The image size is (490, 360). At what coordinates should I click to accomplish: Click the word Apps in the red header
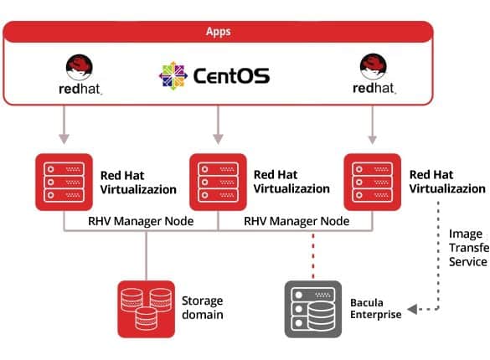pos(218,32)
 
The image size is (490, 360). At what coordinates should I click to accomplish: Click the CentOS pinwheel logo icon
pos(173,76)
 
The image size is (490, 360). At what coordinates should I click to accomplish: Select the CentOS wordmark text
pos(231,76)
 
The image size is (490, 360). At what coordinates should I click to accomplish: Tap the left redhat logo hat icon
pos(79,68)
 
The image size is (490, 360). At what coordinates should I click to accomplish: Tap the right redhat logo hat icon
pos(373,66)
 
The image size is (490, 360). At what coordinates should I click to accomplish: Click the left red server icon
pos(64,182)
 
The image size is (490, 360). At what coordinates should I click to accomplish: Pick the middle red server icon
pos(218,182)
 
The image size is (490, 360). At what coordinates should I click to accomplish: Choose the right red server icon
pos(372,182)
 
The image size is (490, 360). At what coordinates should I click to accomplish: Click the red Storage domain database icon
pos(147,309)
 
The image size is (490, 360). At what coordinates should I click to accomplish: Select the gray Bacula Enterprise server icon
pos(313,309)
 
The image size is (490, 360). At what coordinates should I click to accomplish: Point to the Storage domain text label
pos(203,307)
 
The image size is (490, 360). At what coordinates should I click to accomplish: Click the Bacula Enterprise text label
pos(375,308)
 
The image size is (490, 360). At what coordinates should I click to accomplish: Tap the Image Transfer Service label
pos(469,248)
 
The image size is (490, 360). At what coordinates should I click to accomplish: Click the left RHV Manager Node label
pos(141,221)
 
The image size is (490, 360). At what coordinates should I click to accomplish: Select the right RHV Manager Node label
pos(297,221)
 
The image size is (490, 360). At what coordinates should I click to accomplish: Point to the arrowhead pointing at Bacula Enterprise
pos(412,309)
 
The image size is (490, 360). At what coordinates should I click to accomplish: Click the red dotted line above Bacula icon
pos(313,255)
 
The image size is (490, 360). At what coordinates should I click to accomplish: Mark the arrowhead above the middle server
pos(218,139)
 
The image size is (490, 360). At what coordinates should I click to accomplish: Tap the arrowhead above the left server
pos(64,139)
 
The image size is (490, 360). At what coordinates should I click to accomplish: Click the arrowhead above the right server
pos(372,139)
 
